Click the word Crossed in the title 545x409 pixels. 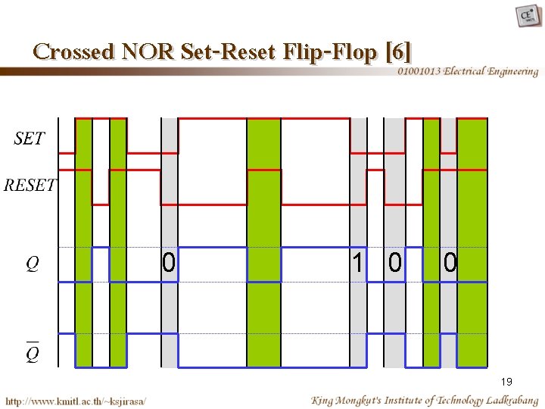[73, 52]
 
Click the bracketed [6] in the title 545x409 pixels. [398, 52]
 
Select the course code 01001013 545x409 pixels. [419, 72]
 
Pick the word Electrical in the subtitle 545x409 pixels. [466, 72]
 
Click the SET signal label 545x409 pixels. [30, 139]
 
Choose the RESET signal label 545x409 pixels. [30, 186]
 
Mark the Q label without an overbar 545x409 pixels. [32, 264]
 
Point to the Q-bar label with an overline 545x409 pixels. [32, 353]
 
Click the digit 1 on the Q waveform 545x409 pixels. [357, 264]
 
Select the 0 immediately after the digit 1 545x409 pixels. [394, 264]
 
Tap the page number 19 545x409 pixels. [506, 382]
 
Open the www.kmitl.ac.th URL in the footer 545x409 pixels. [76, 400]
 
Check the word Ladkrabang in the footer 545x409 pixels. [512, 400]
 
